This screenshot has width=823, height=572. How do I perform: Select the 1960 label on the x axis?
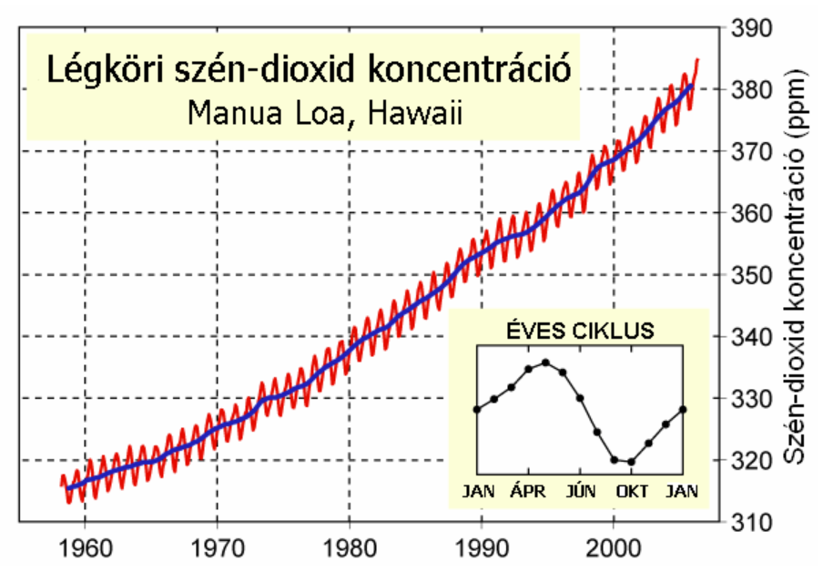[x=85, y=550]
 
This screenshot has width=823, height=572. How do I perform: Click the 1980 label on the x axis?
[x=349, y=550]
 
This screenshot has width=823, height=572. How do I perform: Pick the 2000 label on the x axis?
[x=614, y=550]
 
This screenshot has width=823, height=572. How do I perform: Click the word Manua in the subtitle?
[x=232, y=115]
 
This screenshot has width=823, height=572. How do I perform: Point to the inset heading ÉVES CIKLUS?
[x=579, y=331]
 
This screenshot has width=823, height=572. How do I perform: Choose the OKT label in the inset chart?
[x=632, y=492]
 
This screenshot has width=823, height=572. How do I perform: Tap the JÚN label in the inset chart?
[x=580, y=492]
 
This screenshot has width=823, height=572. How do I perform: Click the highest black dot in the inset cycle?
[x=545, y=362]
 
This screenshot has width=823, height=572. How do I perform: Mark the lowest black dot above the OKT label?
[x=631, y=462]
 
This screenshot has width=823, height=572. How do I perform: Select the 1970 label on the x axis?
[x=217, y=550]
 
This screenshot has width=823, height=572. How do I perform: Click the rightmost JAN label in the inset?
[x=682, y=492]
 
